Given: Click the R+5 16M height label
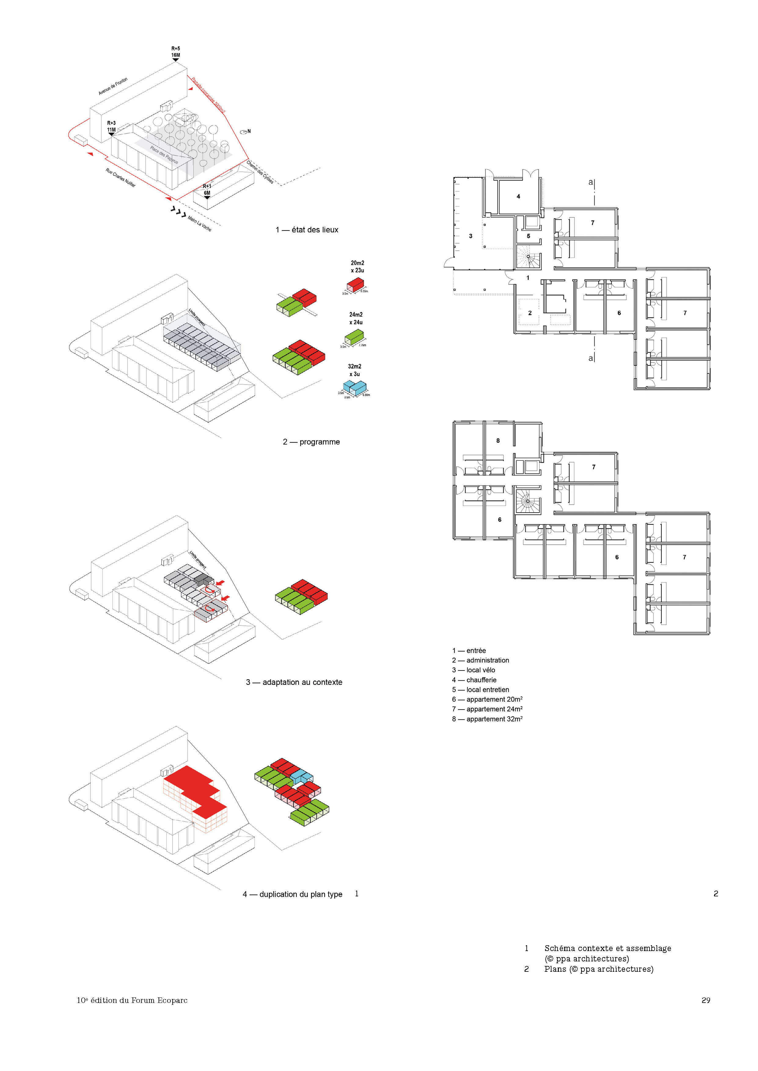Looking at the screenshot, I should (175, 52).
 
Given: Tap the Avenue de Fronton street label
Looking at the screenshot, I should (113, 86).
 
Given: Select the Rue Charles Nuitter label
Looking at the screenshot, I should (120, 178).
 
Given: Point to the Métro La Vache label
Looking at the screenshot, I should (199, 223).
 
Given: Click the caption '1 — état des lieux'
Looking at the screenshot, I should (307, 230).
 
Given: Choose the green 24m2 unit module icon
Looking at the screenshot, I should (354, 336).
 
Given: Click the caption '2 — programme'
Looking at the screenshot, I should (311, 442).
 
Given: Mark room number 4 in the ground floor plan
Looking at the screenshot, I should (518, 196).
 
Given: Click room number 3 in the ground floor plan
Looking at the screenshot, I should (471, 236).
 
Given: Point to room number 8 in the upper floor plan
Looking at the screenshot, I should (498, 440).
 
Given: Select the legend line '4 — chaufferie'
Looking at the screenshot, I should (474, 680).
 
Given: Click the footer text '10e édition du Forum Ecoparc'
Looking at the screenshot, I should (132, 1000).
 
